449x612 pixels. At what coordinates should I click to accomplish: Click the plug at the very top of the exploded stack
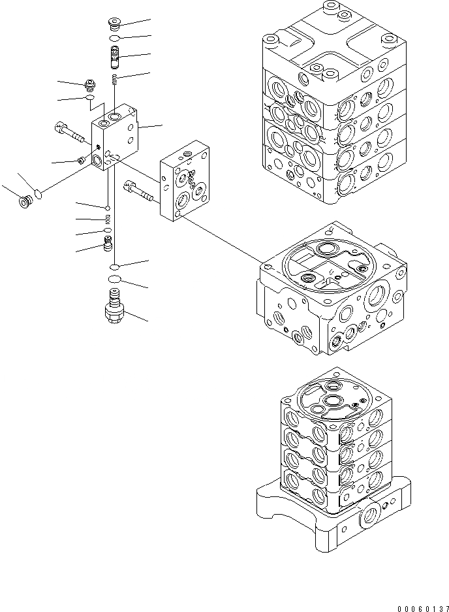click(114, 25)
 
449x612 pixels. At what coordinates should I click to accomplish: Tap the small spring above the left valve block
click(115, 80)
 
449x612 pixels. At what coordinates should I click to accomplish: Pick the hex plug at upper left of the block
click(91, 84)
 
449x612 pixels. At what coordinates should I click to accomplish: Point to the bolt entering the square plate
click(136, 191)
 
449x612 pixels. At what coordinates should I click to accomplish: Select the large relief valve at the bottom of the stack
click(113, 308)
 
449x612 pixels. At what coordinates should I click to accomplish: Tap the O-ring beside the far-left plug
click(39, 193)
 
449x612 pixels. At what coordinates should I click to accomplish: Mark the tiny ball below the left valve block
click(107, 208)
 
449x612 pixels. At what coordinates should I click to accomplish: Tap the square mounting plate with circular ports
click(185, 182)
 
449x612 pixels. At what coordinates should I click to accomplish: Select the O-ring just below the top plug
click(114, 39)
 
